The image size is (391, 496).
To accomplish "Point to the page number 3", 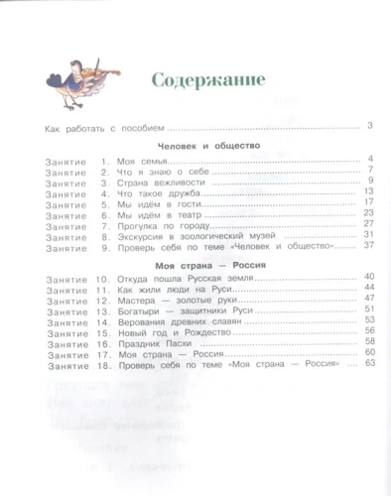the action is (x=367, y=125).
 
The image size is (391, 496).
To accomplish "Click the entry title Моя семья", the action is (x=141, y=161).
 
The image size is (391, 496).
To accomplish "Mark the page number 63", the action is (x=364, y=364).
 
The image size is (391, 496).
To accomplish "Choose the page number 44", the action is (x=364, y=287).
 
